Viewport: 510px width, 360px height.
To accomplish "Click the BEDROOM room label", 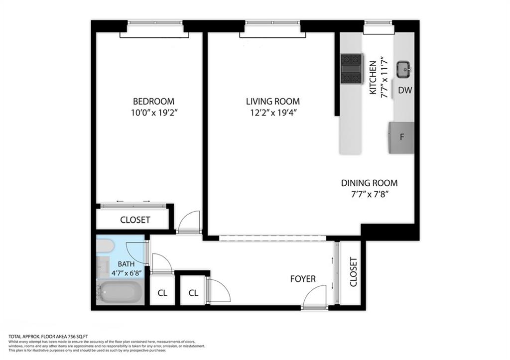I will pyautogui.click(x=146, y=101).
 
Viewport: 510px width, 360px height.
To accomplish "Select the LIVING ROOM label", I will pyautogui.click(x=273, y=101).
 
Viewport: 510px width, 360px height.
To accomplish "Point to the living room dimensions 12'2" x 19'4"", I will pyautogui.click(x=273, y=113).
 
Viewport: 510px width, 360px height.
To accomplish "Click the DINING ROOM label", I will pyautogui.click(x=369, y=183).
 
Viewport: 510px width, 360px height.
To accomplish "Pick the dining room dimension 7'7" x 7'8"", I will pyautogui.click(x=369, y=194).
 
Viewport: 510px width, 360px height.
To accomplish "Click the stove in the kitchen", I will pyautogui.click(x=352, y=69).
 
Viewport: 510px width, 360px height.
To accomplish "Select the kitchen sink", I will pyautogui.click(x=403, y=70).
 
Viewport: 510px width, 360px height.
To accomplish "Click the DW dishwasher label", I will pyautogui.click(x=404, y=90).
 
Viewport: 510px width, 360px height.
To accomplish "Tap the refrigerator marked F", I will pyautogui.click(x=401, y=137).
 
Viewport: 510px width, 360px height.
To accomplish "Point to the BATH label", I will pyautogui.click(x=126, y=264).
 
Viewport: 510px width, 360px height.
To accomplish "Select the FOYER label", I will pyautogui.click(x=303, y=279).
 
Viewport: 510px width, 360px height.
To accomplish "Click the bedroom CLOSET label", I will pyautogui.click(x=135, y=220).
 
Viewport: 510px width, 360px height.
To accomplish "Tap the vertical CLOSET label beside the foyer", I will pyautogui.click(x=353, y=272).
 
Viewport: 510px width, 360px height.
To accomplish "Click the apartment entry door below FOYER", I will pyautogui.click(x=314, y=301).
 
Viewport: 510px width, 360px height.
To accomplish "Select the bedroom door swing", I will pyautogui.click(x=190, y=222).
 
